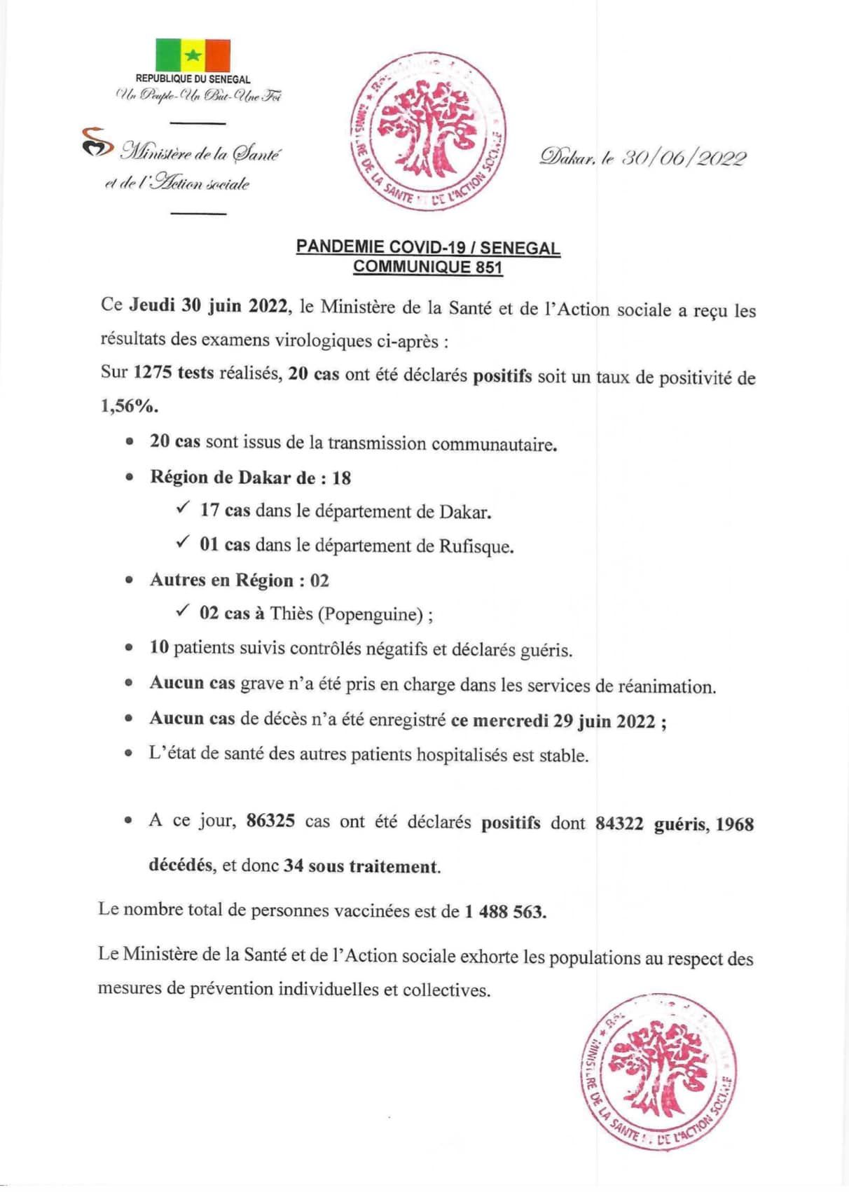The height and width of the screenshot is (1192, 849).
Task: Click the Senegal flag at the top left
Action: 193,55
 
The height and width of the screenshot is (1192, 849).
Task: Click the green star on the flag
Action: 193,55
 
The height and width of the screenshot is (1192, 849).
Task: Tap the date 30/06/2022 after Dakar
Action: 684,158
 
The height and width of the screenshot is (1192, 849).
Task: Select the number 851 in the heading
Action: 489,267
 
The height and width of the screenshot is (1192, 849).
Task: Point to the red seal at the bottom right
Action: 658,1071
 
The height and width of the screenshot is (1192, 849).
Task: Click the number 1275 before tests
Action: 153,373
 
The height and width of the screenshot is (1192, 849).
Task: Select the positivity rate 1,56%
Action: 129,406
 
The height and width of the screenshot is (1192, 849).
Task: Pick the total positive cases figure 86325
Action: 270,821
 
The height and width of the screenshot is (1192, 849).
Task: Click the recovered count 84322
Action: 619,824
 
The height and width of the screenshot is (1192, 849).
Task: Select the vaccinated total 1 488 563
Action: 504,912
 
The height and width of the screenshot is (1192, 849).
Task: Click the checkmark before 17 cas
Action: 183,508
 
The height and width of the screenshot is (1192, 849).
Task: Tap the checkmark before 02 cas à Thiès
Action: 183,611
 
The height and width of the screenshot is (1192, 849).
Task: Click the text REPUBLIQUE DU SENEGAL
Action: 193,80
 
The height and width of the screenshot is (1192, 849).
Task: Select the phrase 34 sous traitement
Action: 361,866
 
